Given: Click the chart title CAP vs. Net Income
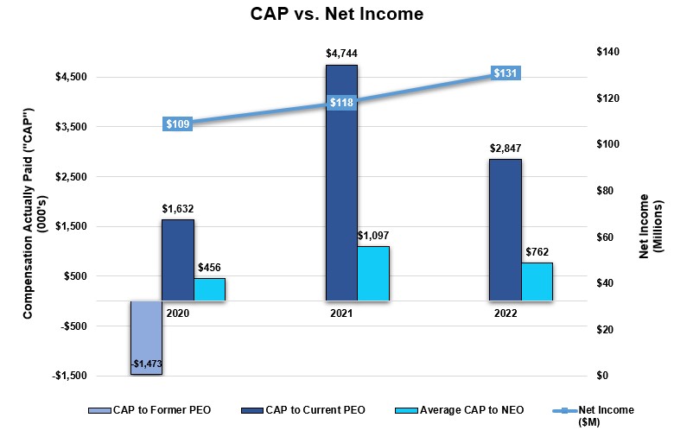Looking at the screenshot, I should pos(337,15).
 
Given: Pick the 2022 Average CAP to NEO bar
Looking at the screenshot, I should pos(536,282).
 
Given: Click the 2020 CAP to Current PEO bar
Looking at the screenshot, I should pos(178,259).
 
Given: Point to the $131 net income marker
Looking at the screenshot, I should pos(505,74).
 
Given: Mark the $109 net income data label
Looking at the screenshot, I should pos(177,124).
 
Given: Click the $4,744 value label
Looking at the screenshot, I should pos(341,54).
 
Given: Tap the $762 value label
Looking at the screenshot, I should pos(537,252).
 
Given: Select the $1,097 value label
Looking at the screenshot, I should pos(374,235).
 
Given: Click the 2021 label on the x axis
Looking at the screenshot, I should pos(340,313).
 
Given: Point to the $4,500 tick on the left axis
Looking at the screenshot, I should pos(72,78).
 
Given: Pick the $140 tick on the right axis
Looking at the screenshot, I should pos(609,52).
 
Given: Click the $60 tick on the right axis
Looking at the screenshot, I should pos(607,237).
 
